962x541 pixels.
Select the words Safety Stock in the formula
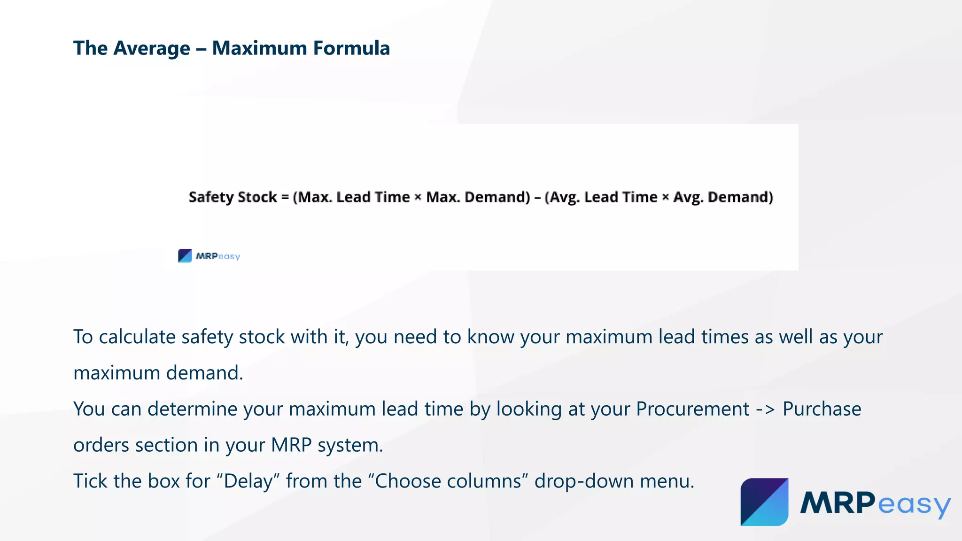(x=233, y=197)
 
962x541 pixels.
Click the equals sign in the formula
(x=285, y=198)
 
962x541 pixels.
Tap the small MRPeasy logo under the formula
(x=209, y=256)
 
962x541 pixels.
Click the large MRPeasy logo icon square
(x=764, y=502)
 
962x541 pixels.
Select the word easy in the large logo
(x=914, y=505)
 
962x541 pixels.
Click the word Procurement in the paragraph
(x=692, y=409)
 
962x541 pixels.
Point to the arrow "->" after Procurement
(x=766, y=409)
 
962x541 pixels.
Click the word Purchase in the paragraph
(x=822, y=409)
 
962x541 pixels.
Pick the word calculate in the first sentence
(x=137, y=337)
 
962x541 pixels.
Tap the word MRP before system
(x=291, y=445)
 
